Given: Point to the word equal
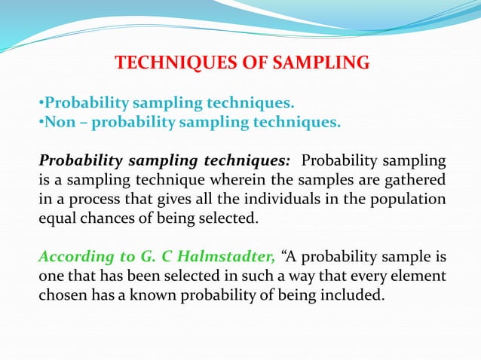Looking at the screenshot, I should point(57,220).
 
